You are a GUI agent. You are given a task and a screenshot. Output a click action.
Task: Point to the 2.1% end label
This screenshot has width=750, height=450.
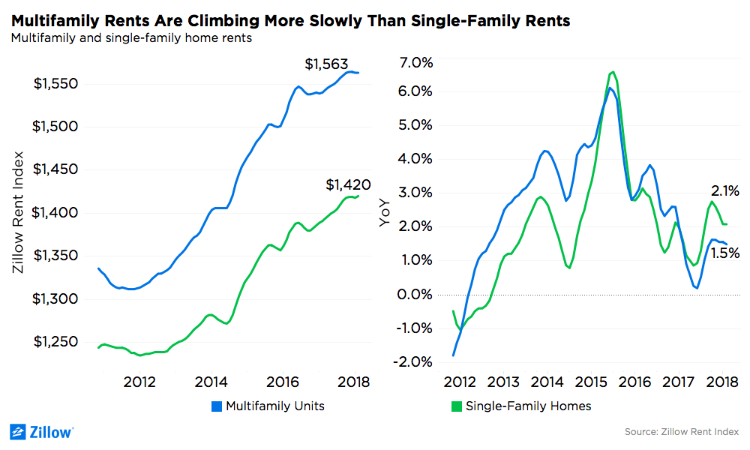(725, 190)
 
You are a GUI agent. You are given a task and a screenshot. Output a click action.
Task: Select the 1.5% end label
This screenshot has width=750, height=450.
(725, 253)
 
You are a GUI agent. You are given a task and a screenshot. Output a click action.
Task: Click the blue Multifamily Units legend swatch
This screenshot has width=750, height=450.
(215, 406)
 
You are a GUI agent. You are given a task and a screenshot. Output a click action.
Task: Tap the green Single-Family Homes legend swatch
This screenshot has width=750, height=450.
(455, 406)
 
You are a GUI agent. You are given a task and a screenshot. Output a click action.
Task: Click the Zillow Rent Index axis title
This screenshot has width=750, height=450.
(19, 212)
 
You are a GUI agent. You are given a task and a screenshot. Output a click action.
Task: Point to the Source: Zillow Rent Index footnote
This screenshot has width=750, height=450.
(681, 432)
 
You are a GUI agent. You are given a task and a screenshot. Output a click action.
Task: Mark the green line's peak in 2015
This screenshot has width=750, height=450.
(613, 72)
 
